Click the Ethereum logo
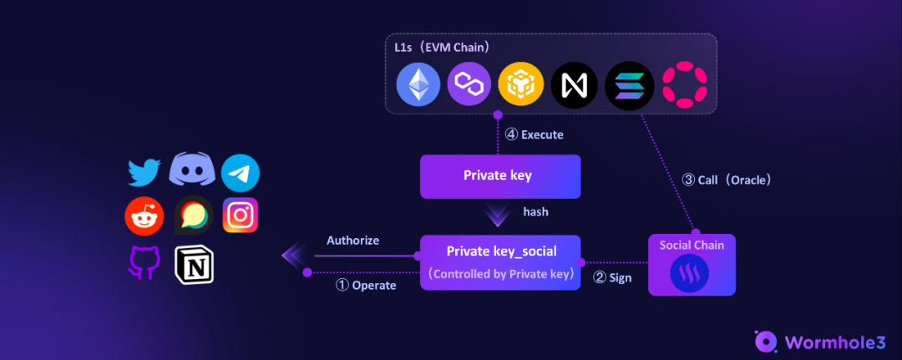click(x=418, y=84)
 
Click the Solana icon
click(x=628, y=84)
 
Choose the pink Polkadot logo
click(x=683, y=84)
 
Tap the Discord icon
click(x=192, y=170)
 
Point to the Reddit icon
click(x=144, y=217)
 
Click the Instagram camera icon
click(x=241, y=215)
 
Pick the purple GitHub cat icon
click(x=144, y=262)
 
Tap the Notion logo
click(x=194, y=263)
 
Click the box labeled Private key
click(x=499, y=176)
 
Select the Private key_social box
click(x=499, y=261)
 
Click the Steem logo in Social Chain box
click(x=692, y=272)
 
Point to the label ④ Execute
click(x=535, y=134)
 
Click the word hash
click(x=535, y=212)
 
